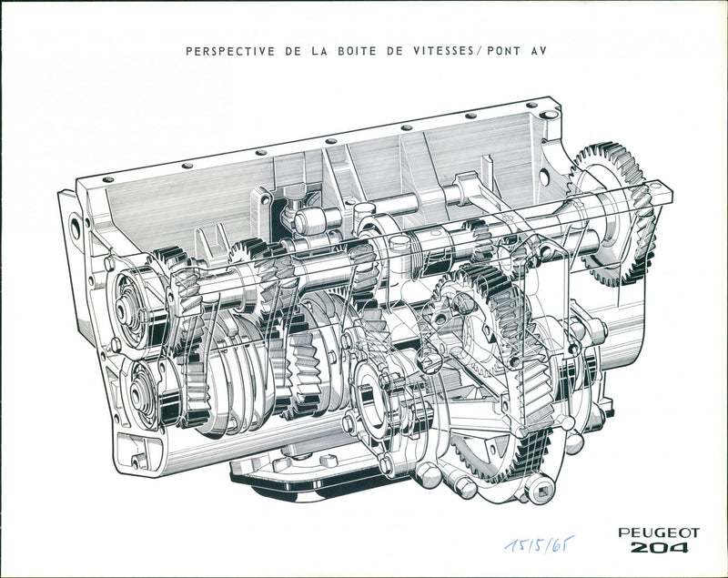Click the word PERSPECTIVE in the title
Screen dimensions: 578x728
point(227,51)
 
